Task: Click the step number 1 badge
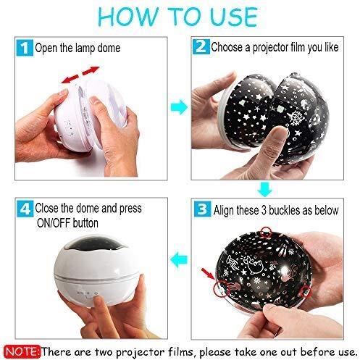(x=25, y=48)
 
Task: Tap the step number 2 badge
(x=201, y=46)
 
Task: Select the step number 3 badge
(x=202, y=209)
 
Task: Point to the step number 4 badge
(x=25, y=209)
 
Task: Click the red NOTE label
(x=22, y=351)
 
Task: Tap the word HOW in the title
(x=128, y=17)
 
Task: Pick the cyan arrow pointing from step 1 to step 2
(x=179, y=107)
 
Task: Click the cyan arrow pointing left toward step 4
(x=179, y=260)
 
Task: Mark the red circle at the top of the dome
(x=266, y=233)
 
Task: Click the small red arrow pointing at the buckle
(x=207, y=274)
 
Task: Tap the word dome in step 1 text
(x=109, y=48)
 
